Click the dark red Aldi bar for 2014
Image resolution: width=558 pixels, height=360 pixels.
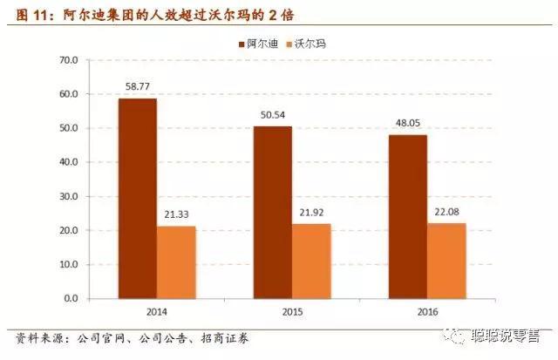[138, 199]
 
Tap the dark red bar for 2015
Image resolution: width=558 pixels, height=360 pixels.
[273, 213]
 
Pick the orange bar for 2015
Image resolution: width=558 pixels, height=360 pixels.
[310, 261]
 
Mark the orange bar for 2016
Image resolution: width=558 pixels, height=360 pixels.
[446, 261]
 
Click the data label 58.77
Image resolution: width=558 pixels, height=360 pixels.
[138, 86]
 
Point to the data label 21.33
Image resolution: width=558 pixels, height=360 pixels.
[175, 214]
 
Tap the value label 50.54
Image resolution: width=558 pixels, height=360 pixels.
[273, 114]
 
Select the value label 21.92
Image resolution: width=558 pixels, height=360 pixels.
[310, 212]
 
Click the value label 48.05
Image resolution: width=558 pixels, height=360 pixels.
[408, 123]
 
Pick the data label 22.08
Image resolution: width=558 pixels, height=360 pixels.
[446, 211]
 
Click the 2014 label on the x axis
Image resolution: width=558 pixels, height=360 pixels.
[156, 310]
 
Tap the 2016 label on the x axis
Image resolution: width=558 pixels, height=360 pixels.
[426, 310]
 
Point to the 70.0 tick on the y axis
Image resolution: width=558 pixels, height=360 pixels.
[67, 60]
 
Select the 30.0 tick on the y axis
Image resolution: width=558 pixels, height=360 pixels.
[67, 196]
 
